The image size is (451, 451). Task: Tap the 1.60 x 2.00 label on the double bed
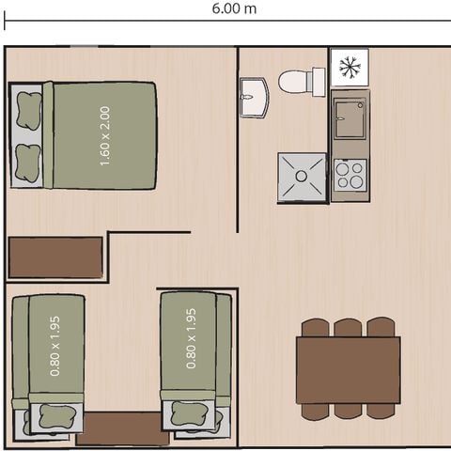tap(104, 135)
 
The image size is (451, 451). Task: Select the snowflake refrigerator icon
tap(350, 67)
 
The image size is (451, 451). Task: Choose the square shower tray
tap(302, 177)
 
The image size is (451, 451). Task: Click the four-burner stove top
tap(350, 175)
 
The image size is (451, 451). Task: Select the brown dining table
tap(348, 369)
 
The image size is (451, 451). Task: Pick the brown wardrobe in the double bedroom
tap(55, 257)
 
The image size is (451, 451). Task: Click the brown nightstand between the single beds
tap(122, 428)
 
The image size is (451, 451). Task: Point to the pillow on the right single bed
tap(192, 413)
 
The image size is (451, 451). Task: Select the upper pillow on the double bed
tap(28, 109)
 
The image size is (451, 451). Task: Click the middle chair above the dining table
tap(348, 327)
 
